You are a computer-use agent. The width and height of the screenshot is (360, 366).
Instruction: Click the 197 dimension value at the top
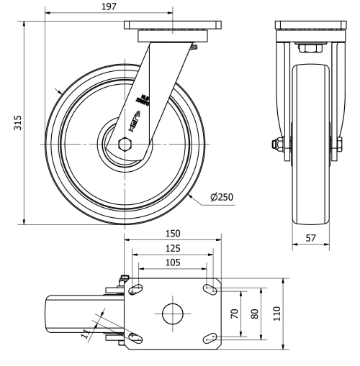(x=108, y=7)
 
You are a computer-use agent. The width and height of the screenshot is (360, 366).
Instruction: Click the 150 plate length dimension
(x=173, y=234)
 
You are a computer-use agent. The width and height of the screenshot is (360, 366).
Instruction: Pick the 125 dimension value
(x=173, y=248)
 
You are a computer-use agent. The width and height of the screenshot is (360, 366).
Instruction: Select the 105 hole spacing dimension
(x=173, y=262)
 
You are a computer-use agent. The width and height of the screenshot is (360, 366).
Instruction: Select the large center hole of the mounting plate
(x=173, y=314)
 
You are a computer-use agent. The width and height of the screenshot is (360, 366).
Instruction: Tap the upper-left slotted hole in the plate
(x=135, y=289)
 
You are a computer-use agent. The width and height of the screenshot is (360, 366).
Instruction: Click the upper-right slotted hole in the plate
(x=210, y=289)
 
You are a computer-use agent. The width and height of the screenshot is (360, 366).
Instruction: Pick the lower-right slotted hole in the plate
(x=210, y=337)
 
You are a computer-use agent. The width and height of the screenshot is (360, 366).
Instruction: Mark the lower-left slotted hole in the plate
(x=135, y=337)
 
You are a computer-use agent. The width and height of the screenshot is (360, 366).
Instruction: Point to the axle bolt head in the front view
(x=276, y=144)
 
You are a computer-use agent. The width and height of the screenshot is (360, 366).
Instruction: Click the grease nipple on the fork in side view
(x=194, y=48)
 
